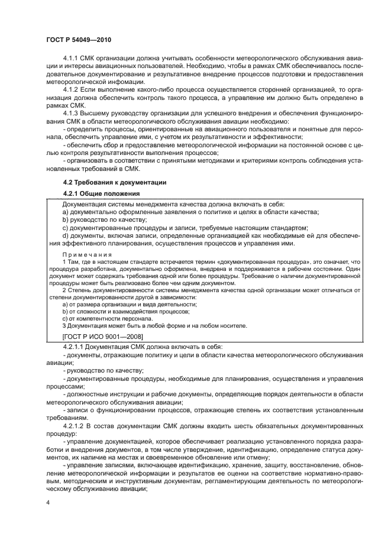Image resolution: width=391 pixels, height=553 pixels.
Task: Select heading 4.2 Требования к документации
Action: (115, 182)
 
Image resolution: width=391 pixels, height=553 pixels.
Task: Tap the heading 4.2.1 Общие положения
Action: (101, 193)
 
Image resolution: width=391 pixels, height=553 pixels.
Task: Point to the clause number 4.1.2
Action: (71, 88)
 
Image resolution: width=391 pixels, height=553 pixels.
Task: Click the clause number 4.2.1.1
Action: (75, 346)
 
